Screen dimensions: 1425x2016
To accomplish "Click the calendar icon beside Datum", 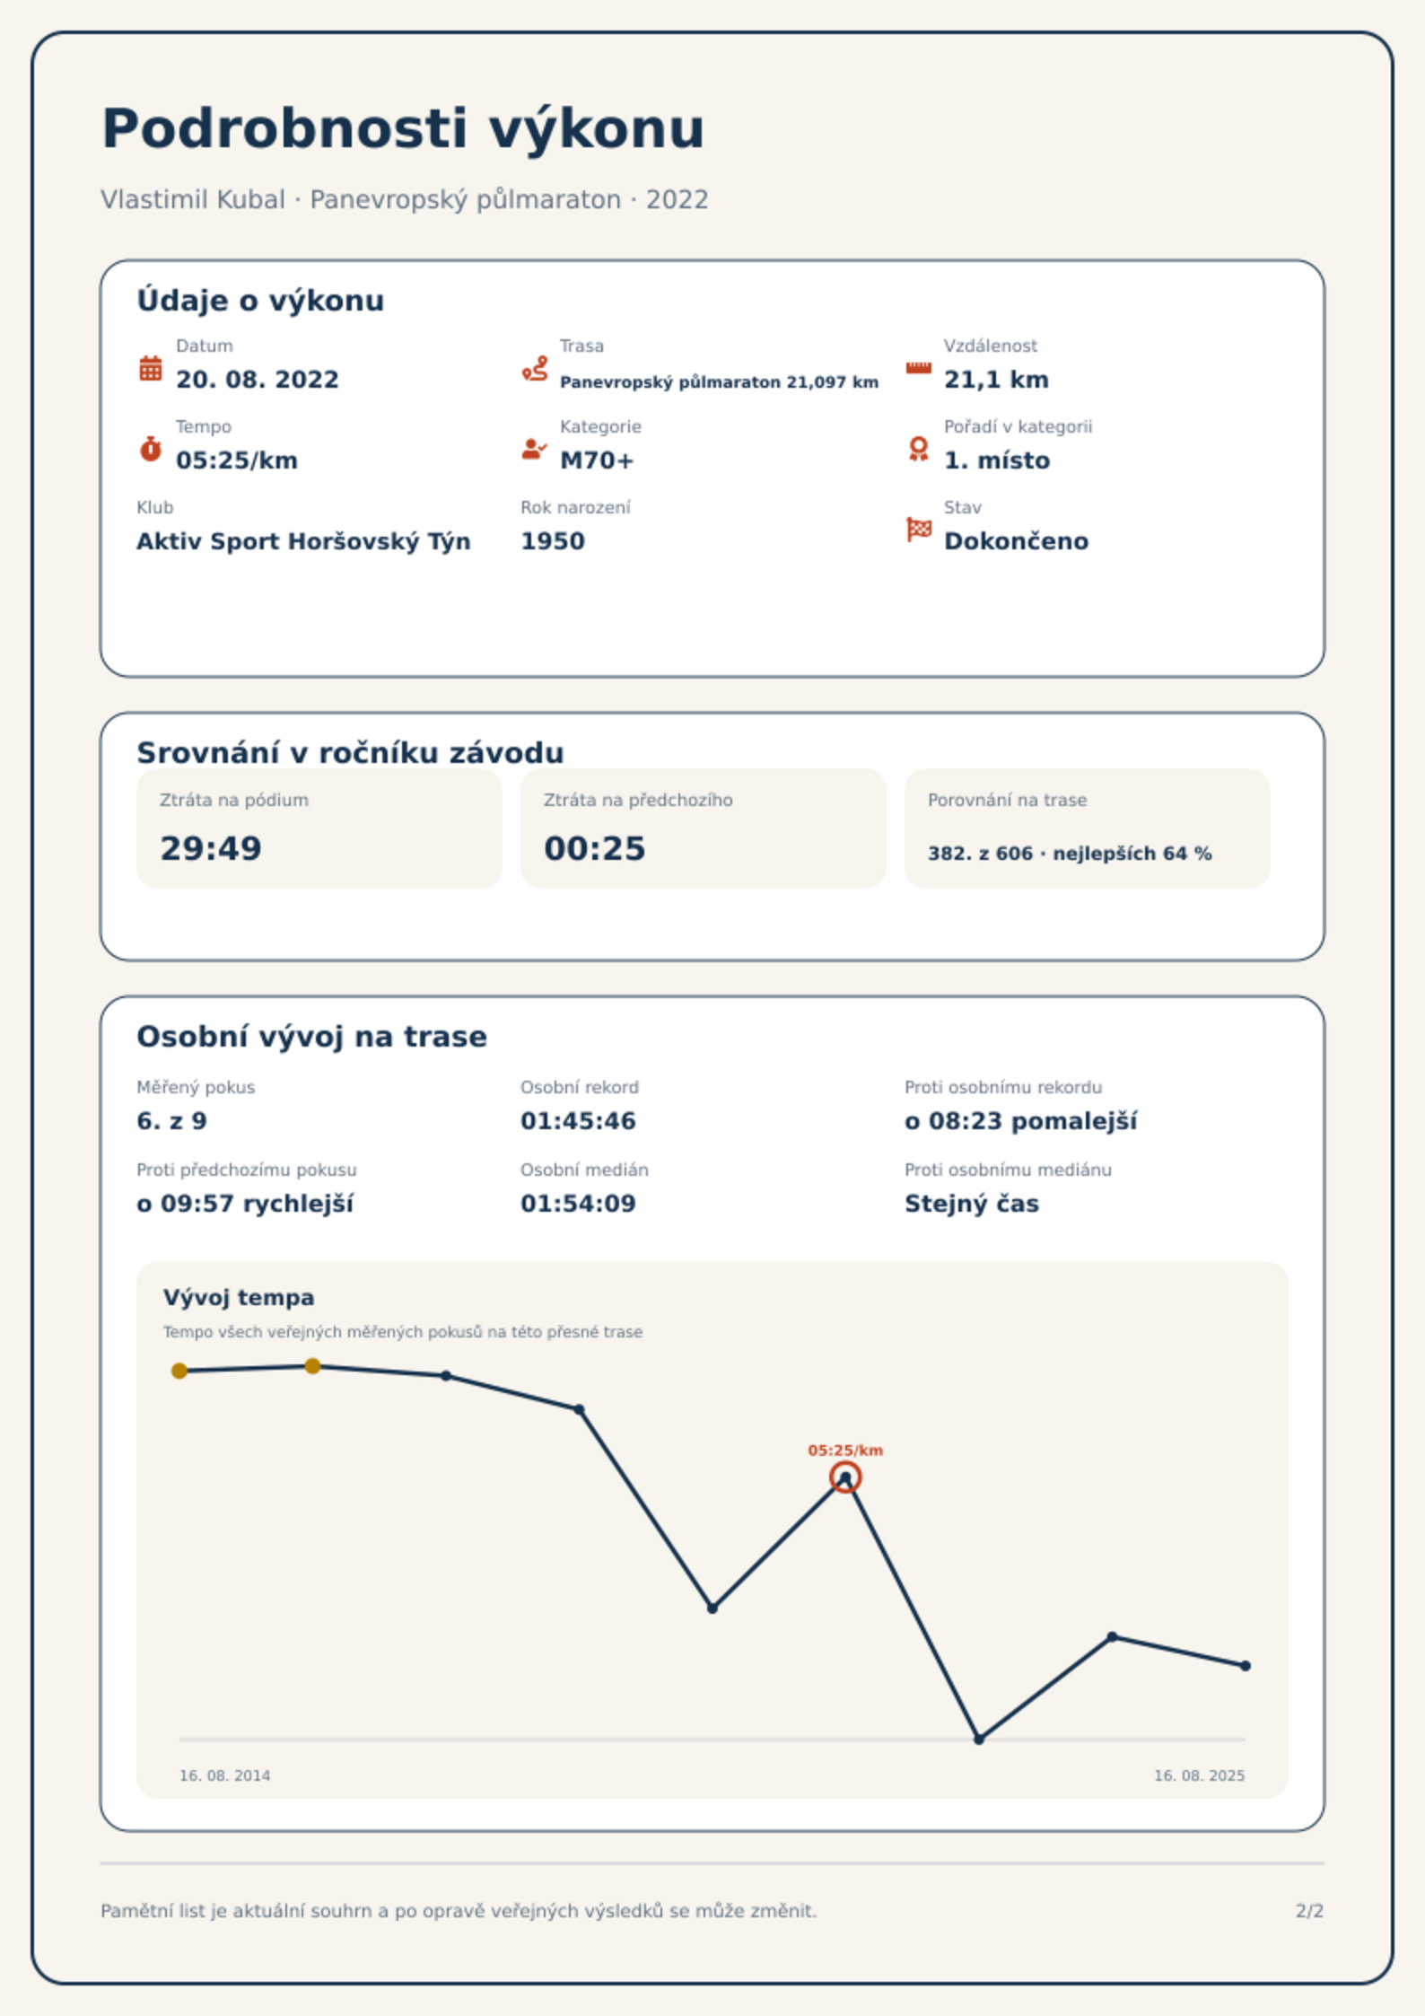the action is [151, 368].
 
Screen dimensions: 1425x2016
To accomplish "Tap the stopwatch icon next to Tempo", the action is [151, 448].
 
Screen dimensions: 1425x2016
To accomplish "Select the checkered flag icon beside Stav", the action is [919, 530].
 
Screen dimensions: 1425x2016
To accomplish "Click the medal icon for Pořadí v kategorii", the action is [918, 449].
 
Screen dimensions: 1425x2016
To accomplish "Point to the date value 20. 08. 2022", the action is [258, 380].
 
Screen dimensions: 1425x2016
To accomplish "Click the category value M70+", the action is [597, 460].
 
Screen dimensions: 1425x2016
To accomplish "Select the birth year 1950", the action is [553, 541].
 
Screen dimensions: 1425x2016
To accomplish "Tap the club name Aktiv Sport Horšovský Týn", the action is [303, 541].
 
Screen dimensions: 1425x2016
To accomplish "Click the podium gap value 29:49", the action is [211, 848].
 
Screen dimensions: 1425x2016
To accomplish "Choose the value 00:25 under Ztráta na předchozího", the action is [595, 848].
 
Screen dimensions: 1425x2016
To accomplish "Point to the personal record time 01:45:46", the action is [578, 1121].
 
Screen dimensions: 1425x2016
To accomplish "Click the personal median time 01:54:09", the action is [578, 1204].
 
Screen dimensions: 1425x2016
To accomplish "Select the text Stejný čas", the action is [972, 1204].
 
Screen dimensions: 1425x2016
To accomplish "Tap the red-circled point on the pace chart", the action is [845, 1477].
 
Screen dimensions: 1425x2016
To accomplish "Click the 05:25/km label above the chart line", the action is [845, 1451].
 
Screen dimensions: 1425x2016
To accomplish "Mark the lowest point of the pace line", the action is [979, 1740].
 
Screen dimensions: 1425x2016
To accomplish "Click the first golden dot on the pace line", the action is [179, 1371].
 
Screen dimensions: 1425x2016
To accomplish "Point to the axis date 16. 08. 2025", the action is [1199, 1775].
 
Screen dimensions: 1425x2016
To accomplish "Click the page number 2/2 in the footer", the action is [1309, 1911].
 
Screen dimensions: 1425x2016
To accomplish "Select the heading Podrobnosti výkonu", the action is [403, 128].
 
